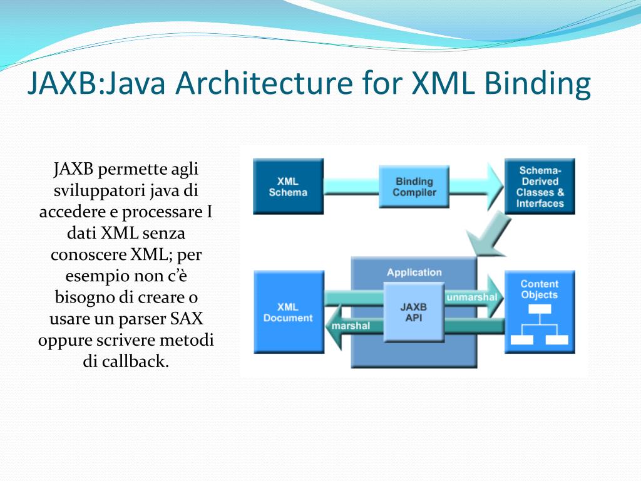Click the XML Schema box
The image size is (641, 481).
[x=288, y=186]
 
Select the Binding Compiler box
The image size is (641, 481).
[x=414, y=187]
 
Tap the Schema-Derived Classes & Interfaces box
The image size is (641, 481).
[x=540, y=186]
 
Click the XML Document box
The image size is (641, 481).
[x=288, y=312]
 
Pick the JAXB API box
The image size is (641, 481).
[x=413, y=312]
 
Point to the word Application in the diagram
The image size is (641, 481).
[x=414, y=272]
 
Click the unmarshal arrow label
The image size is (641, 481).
[x=471, y=297]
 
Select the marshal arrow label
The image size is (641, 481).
[x=351, y=326]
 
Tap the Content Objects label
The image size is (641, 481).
[x=539, y=289]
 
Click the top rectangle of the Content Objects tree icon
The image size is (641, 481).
[x=539, y=309]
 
